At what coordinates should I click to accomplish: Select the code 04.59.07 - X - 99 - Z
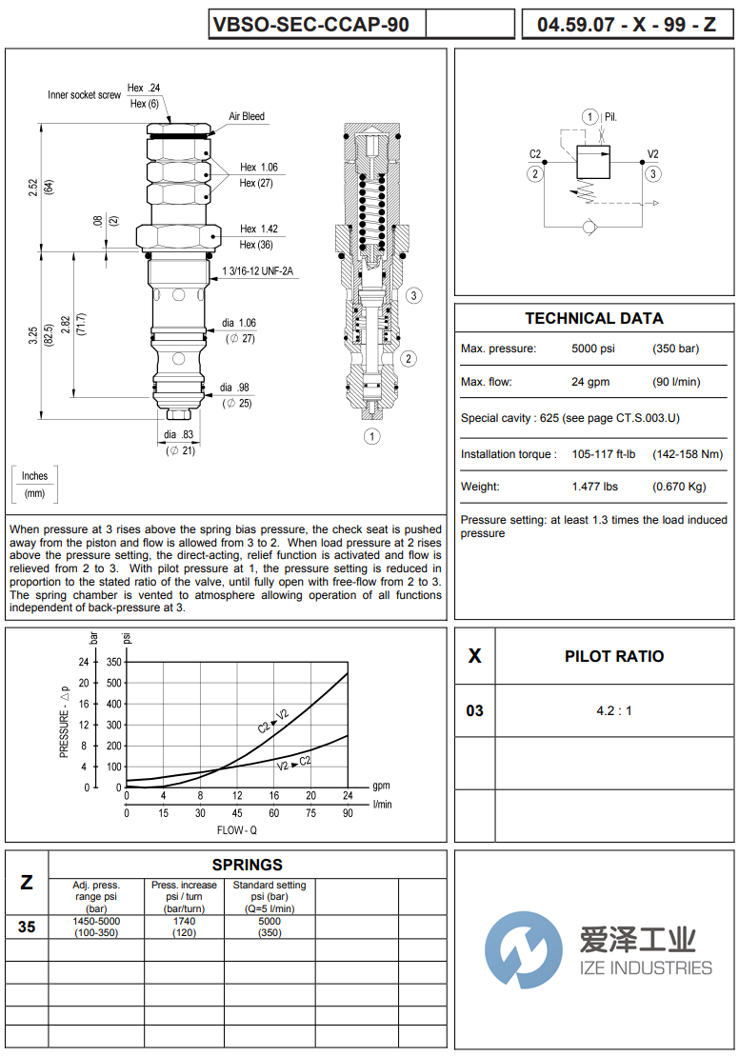pyautogui.click(x=627, y=25)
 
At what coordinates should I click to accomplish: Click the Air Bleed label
pyautogui.click(x=247, y=116)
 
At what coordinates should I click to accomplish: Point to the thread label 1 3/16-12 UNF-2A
pyautogui.click(x=258, y=271)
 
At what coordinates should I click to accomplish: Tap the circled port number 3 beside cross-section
pyautogui.click(x=413, y=295)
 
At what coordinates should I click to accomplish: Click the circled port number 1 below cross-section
pyautogui.click(x=371, y=436)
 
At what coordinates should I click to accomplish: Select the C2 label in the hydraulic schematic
pyautogui.click(x=535, y=154)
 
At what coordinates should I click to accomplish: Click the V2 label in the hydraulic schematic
pyautogui.click(x=653, y=154)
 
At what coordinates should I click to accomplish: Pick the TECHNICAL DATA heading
pyautogui.click(x=594, y=318)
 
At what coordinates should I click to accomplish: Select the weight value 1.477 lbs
pyautogui.click(x=594, y=487)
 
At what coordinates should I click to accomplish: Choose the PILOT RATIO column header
pyautogui.click(x=614, y=656)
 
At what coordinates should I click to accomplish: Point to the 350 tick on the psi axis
pyautogui.click(x=114, y=662)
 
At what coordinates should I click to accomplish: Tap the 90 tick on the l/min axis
pyautogui.click(x=348, y=813)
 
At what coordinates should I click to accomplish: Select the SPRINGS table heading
pyautogui.click(x=247, y=865)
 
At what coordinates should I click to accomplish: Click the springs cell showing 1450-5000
pyautogui.click(x=96, y=921)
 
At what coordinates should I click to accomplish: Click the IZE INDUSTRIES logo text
pyautogui.click(x=646, y=967)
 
